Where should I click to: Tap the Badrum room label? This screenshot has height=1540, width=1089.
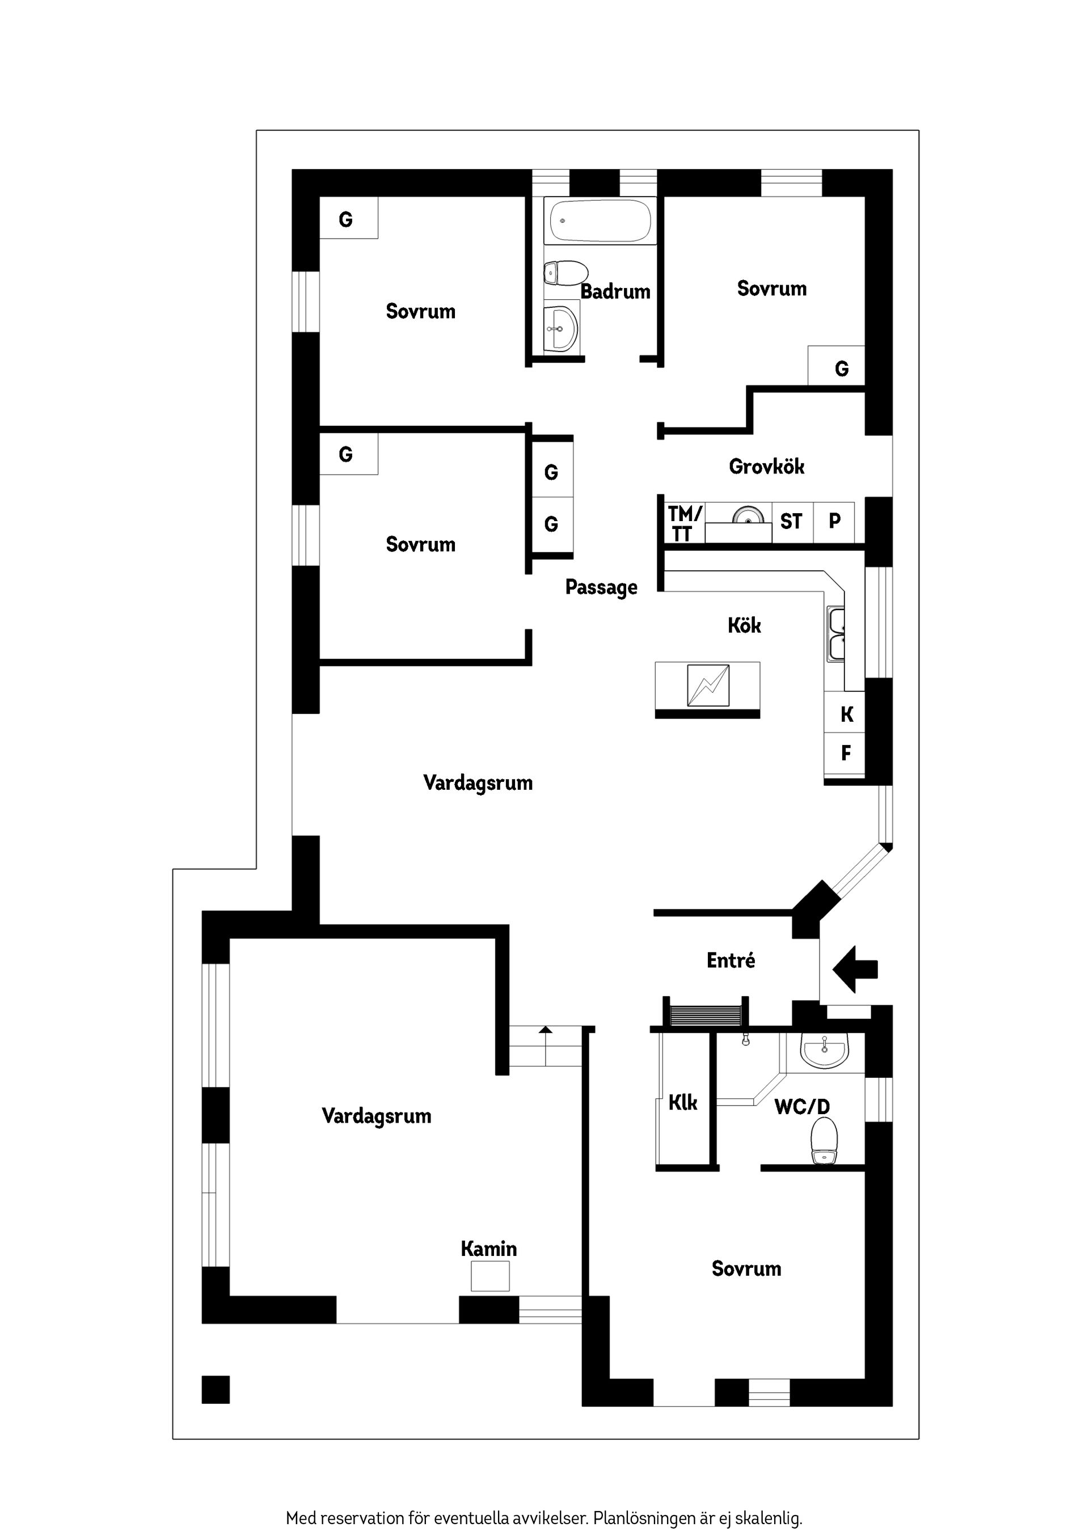tap(615, 292)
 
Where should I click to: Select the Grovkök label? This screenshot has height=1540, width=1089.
tap(766, 467)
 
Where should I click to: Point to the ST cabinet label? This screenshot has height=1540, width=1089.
tap(791, 521)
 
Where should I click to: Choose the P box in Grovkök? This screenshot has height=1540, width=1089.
tap(834, 521)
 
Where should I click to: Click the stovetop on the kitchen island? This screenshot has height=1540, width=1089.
tap(708, 685)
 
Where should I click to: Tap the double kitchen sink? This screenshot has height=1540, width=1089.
tap(836, 634)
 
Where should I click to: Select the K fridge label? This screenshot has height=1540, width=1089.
tap(846, 714)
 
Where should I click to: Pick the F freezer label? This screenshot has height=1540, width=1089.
tap(846, 753)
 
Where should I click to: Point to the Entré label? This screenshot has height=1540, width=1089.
tap(731, 961)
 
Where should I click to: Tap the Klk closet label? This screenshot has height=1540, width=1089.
tap(682, 1103)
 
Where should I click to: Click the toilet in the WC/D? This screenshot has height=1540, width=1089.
tap(824, 1140)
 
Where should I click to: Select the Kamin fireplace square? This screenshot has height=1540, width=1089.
tap(490, 1276)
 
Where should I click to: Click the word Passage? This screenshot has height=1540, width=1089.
tap(601, 587)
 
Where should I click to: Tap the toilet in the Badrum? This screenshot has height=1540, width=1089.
tap(565, 273)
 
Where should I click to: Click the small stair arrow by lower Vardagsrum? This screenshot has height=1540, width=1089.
tap(546, 1030)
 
